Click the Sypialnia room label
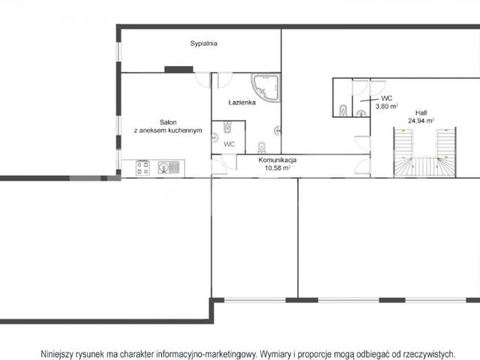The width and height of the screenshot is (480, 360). [x=203, y=43]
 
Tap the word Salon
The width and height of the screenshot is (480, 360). [x=168, y=122]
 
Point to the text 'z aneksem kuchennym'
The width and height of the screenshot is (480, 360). [x=168, y=130]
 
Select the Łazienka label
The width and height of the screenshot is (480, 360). [x=241, y=102]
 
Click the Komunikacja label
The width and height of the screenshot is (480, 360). [x=277, y=160]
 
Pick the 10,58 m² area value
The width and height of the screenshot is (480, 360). [x=277, y=168]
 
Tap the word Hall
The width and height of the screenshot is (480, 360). [x=421, y=112]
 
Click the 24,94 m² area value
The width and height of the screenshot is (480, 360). [x=421, y=121]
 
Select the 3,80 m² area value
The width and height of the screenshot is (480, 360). [x=387, y=106]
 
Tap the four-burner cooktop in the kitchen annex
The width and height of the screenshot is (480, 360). [x=142, y=168]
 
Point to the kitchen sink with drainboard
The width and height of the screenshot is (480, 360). [x=169, y=167]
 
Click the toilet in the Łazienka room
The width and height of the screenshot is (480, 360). [x=262, y=148]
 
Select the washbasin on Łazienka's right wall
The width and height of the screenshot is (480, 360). [x=277, y=130]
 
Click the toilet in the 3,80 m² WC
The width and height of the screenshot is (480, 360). [x=343, y=110]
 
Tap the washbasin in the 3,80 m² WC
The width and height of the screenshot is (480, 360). [x=361, y=113]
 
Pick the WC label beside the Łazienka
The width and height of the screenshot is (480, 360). [x=229, y=144]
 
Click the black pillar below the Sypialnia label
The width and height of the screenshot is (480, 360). [x=178, y=70]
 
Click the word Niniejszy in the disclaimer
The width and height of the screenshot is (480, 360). [x=57, y=354]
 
